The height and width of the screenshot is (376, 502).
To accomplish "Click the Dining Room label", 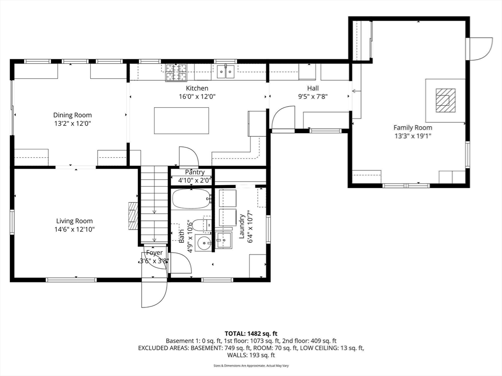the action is [x=73, y=115].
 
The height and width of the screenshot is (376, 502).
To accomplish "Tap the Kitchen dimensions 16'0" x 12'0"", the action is [x=197, y=96].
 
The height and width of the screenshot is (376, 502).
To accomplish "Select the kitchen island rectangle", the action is [x=181, y=120].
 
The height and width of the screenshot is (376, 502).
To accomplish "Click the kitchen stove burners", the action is [x=176, y=72].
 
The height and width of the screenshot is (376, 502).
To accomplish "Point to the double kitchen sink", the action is [x=226, y=71].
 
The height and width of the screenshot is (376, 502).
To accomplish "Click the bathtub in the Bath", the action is [x=192, y=199].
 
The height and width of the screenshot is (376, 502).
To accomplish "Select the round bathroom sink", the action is [x=203, y=243].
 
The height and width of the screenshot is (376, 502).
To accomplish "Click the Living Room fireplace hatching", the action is [x=133, y=216].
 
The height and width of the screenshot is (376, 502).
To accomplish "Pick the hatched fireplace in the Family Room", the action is [x=445, y=100].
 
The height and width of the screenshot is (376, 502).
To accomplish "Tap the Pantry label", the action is [x=195, y=172].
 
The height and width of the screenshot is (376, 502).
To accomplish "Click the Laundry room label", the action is [x=242, y=226].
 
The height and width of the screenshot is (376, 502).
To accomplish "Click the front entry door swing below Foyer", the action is [x=154, y=293].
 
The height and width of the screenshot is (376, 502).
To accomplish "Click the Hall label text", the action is [x=313, y=88].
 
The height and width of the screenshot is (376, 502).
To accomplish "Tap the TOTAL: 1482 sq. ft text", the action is [x=251, y=334].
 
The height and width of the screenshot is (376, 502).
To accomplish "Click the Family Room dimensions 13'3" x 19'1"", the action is [x=413, y=136].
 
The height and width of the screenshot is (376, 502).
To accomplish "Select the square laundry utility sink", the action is [x=224, y=240].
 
